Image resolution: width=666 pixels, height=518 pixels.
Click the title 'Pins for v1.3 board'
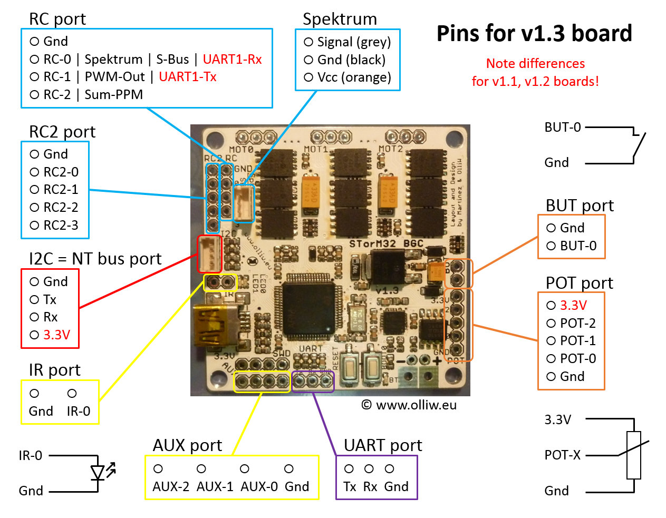pos(534,33)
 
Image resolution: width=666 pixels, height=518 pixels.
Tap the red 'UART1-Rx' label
pos(232,59)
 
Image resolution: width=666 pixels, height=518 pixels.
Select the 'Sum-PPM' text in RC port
pos(113,94)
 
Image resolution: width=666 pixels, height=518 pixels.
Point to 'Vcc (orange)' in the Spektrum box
pos(354,77)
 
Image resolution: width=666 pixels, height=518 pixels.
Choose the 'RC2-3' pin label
pos(61,225)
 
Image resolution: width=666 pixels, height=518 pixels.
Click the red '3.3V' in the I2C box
pos(56,335)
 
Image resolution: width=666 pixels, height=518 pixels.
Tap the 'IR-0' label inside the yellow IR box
pos(78,411)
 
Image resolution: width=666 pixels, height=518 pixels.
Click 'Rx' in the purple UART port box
pos(370,486)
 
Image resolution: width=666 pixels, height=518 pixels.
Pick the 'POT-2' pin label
pos(578,323)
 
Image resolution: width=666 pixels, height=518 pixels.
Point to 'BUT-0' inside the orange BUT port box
pos(578,246)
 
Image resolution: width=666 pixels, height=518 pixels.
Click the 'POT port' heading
pos(579,283)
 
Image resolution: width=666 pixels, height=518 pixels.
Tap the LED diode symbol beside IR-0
pos(98,472)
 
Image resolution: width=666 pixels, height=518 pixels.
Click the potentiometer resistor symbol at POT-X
pos(633,455)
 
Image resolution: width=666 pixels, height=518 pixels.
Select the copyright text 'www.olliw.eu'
pos(416,405)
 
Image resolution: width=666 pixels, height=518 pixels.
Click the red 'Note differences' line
pos(535,63)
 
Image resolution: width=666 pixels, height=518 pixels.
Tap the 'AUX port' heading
pos(187,445)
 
